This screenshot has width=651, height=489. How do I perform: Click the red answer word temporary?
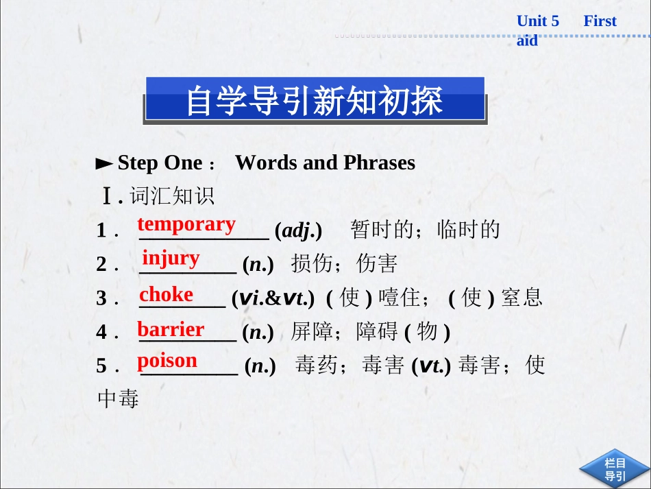point(186,224)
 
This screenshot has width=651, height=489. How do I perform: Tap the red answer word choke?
point(167,294)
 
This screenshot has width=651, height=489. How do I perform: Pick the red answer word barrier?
point(171,329)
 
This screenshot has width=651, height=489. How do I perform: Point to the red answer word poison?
point(167,360)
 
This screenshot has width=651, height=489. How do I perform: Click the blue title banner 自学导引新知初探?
point(315,100)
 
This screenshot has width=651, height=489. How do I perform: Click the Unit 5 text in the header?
point(538,21)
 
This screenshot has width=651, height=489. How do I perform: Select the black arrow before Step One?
point(104,164)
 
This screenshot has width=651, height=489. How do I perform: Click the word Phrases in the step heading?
point(379,163)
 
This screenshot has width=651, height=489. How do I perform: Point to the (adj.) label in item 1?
point(298,230)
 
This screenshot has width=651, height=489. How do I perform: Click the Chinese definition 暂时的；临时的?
point(426,230)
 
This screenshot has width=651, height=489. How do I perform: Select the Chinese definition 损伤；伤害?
point(344,263)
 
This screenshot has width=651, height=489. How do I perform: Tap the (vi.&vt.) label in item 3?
point(273,298)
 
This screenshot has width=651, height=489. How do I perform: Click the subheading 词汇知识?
point(172,196)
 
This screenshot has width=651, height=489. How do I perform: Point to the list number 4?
point(102,333)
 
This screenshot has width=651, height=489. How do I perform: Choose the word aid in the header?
point(527,41)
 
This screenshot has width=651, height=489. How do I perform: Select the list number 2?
point(102,264)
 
